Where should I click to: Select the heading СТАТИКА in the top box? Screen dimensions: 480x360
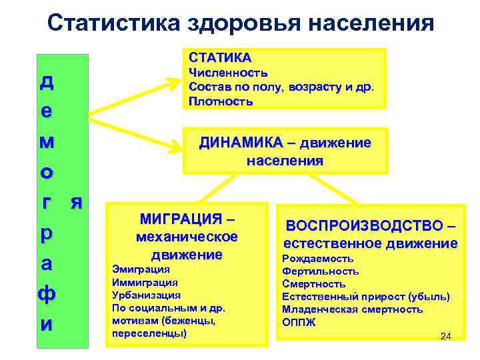point(220,58)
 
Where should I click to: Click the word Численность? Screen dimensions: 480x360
point(229,73)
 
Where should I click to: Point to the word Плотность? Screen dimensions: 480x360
point(221,102)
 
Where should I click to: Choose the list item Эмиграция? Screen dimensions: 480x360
point(141,269)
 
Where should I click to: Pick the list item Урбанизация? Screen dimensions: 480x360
point(146,295)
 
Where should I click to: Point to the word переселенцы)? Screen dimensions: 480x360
point(149,333)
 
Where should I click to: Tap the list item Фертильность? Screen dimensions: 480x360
point(321,271)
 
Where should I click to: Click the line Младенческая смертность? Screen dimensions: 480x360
point(352,309)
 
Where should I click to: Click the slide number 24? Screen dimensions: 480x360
point(446,336)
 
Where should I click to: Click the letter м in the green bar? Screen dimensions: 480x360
point(47,142)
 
